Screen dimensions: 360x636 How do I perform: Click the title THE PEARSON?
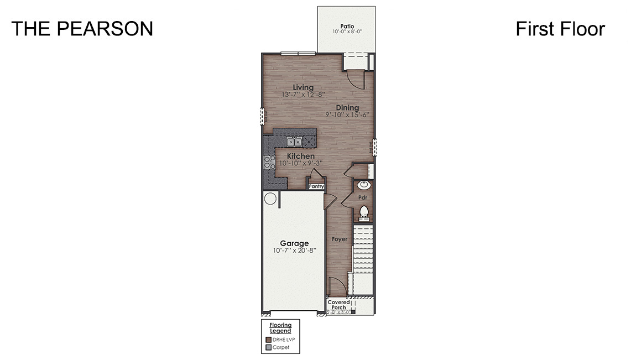pyautogui.click(x=82, y=29)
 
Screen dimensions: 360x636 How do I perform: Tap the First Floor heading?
pyautogui.click(x=560, y=29)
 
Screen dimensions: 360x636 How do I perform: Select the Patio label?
pyautogui.click(x=347, y=25)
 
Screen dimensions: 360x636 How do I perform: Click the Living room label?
pyautogui.click(x=303, y=87)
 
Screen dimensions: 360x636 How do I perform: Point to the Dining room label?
pyautogui.click(x=347, y=108)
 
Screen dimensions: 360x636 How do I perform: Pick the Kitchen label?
pyautogui.click(x=300, y=156)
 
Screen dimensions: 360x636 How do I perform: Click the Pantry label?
pyautogui.click(x=316, y=186)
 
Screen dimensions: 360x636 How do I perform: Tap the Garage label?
pyautogui.click(x=294, y=243)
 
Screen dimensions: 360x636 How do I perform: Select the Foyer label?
pyautogui.click(x=340, y=239)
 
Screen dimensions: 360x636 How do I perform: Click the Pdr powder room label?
pyautogui.click(x=363, y=197)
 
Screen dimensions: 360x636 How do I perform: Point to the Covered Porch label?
pyautogui.click(x=338, y=305)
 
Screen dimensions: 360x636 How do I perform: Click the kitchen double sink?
pyautogui.click(x=295, y=142)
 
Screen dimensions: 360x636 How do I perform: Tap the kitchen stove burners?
pyautogui.click(x=269, y=162)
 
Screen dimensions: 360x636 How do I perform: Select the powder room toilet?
pyautogui.click(x=363, y=211)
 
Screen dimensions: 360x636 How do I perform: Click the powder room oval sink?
pyautogui.click(x=364, y=185)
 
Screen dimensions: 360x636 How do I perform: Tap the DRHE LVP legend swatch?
pyautogui.click(x=269, y=340)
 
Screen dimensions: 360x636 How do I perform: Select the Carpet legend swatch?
pyautogui.click(x=269, y=348)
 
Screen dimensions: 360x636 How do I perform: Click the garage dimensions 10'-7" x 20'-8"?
pyautogui.click(x=294, y=251)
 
